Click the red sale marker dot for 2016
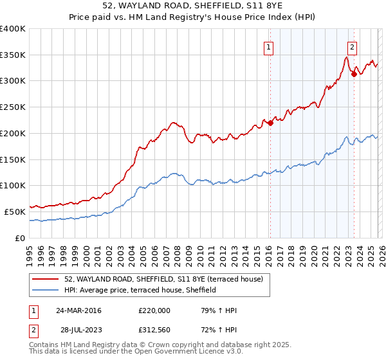[x=271, y=123]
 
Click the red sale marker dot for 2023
[x=354, y=74]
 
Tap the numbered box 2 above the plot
[x=352, y=46]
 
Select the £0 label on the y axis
[x=21, y=238]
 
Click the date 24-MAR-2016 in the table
[x=78, y=310]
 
